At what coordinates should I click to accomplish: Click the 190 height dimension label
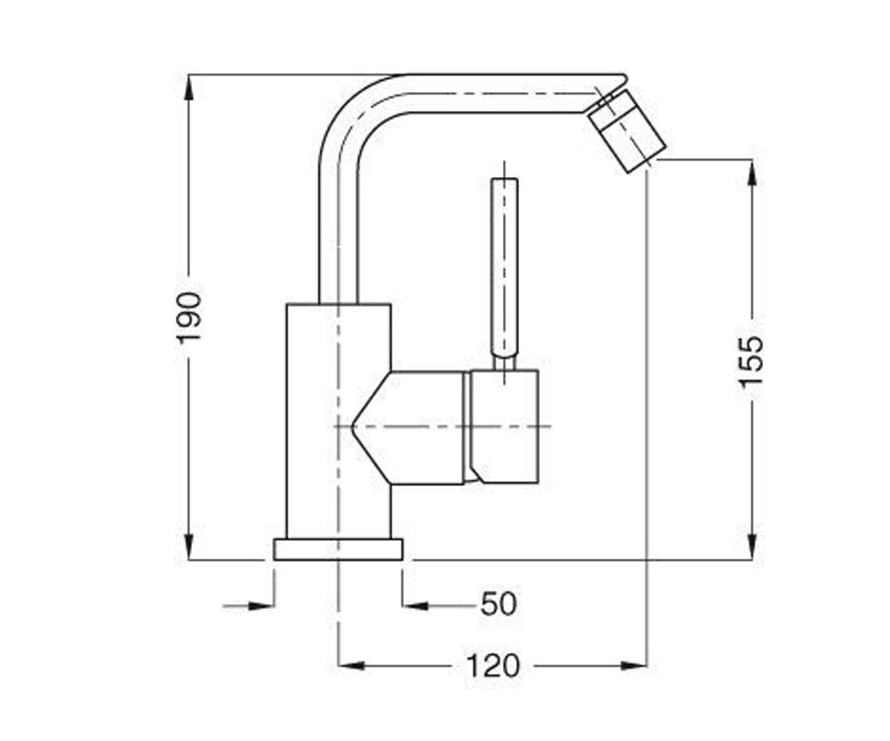point(188,317)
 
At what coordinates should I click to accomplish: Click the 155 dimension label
point(751,362)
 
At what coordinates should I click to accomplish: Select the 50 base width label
point(498,604)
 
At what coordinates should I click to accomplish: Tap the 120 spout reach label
point(494,665)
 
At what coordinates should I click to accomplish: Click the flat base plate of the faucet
point(338,549)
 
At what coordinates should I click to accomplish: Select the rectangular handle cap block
point(504,427)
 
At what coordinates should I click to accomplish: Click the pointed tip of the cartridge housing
point(352,426)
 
